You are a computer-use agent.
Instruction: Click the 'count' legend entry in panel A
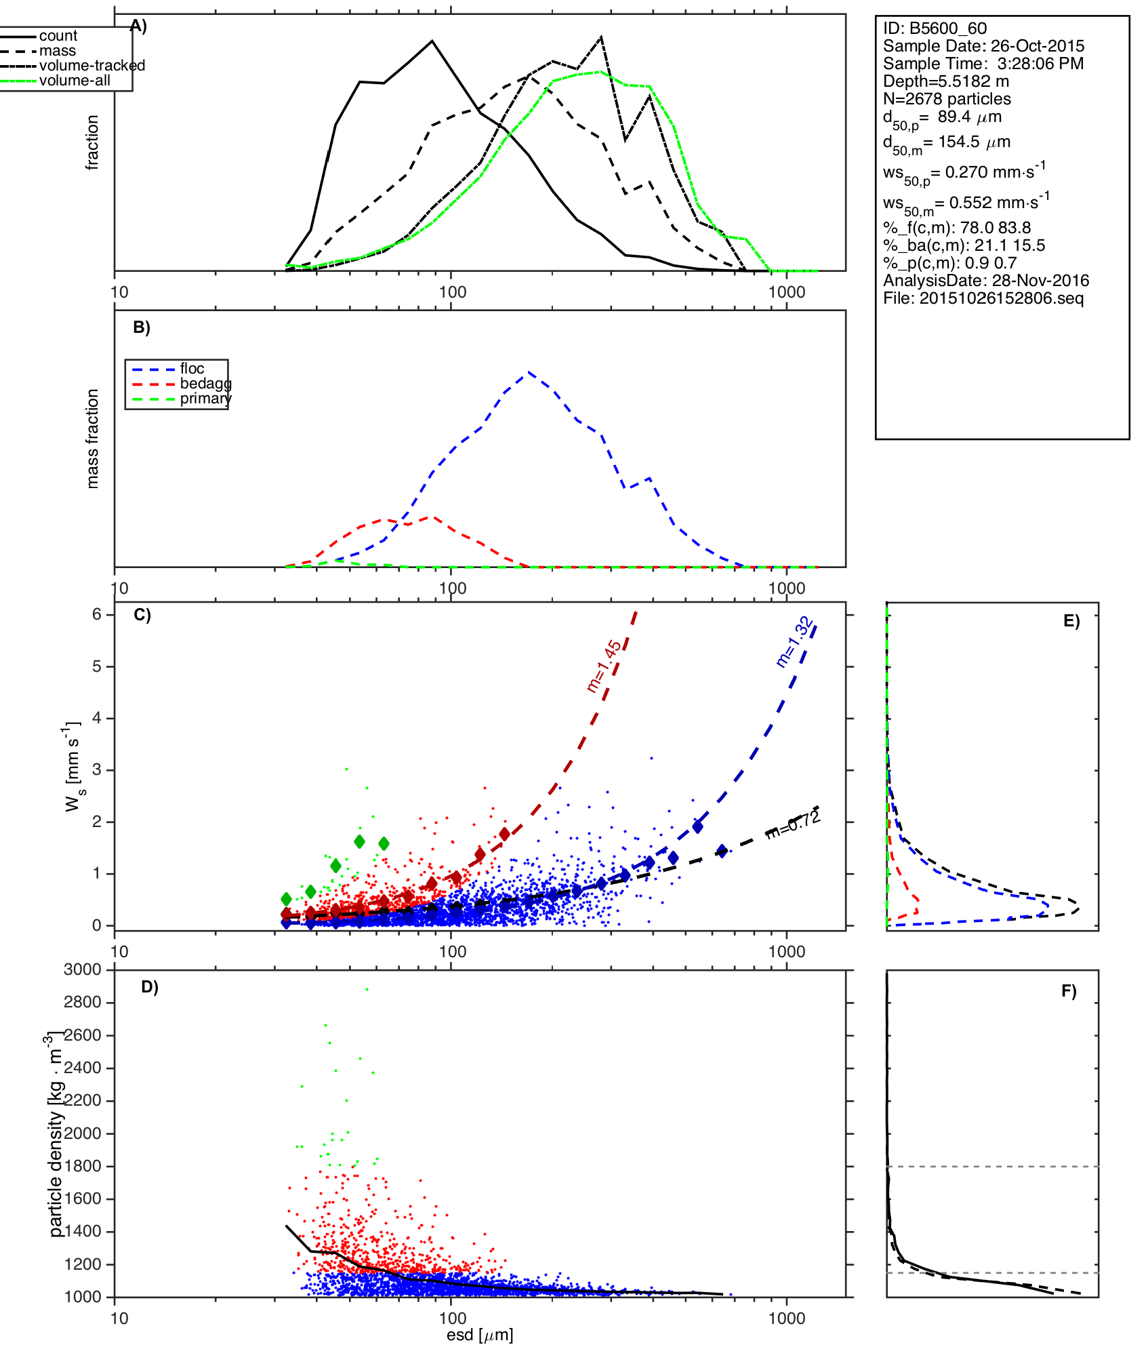58,36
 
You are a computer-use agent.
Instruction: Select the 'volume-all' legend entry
75,81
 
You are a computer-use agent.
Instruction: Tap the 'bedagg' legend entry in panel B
205,384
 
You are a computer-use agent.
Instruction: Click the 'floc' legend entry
192,369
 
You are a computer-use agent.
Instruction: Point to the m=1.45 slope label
604,666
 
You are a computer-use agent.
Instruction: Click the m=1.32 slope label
794,642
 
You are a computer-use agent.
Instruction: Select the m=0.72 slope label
793,824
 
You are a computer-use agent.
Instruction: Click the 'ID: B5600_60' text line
935,28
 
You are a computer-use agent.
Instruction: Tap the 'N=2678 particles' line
947,99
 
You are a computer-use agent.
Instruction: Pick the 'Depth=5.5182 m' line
945,81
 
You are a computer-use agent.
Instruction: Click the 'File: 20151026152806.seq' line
983,298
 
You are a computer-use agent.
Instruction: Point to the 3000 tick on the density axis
83,970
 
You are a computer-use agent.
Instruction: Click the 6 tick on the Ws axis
97,614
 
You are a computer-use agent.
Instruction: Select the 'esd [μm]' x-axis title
480,1335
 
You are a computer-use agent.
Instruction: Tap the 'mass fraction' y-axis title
93,439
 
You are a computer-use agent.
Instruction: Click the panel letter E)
1071,621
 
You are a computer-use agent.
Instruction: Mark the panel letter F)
1069,991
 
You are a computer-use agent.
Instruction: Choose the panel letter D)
150,987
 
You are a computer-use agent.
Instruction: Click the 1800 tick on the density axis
83,1166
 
